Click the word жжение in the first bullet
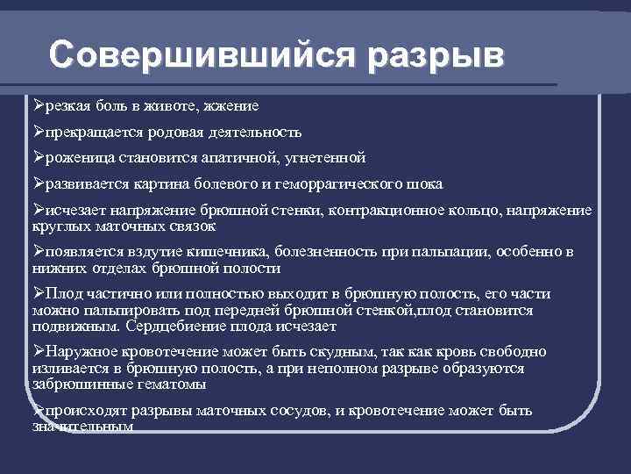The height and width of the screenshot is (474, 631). [x=230, y=106]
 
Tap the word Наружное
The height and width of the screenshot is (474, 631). [x=79, y=352]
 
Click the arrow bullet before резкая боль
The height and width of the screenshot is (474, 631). [x=38, y=105]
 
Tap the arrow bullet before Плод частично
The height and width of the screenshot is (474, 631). [x=38, y=294]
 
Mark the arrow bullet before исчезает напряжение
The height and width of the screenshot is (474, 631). [x=38, y=211]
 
